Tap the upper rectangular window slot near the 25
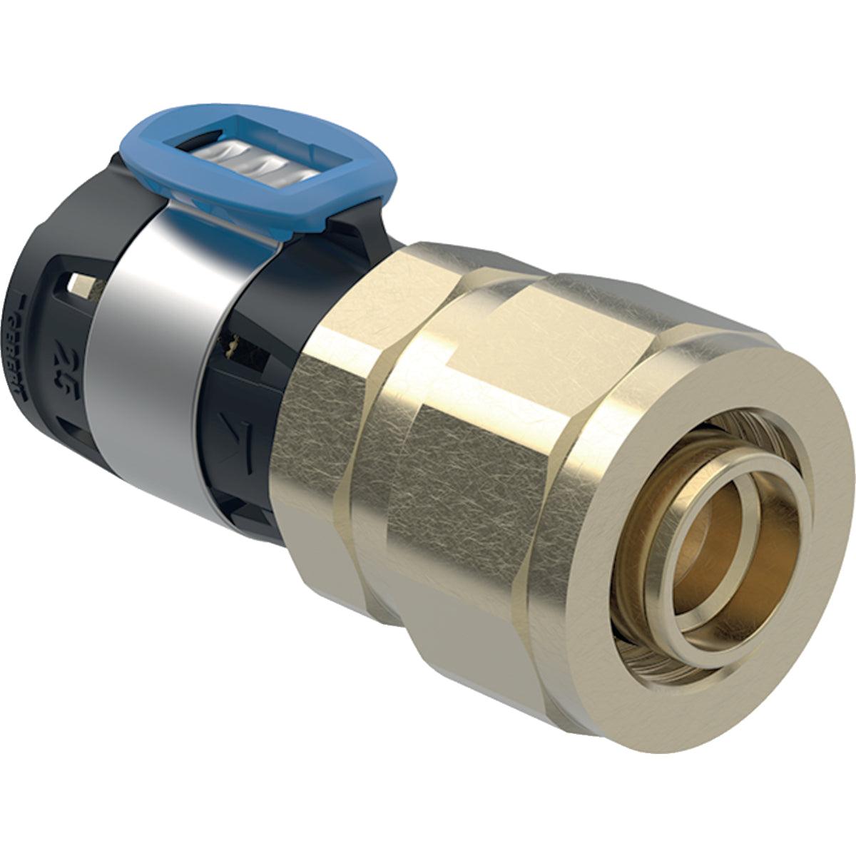point(80,286)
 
